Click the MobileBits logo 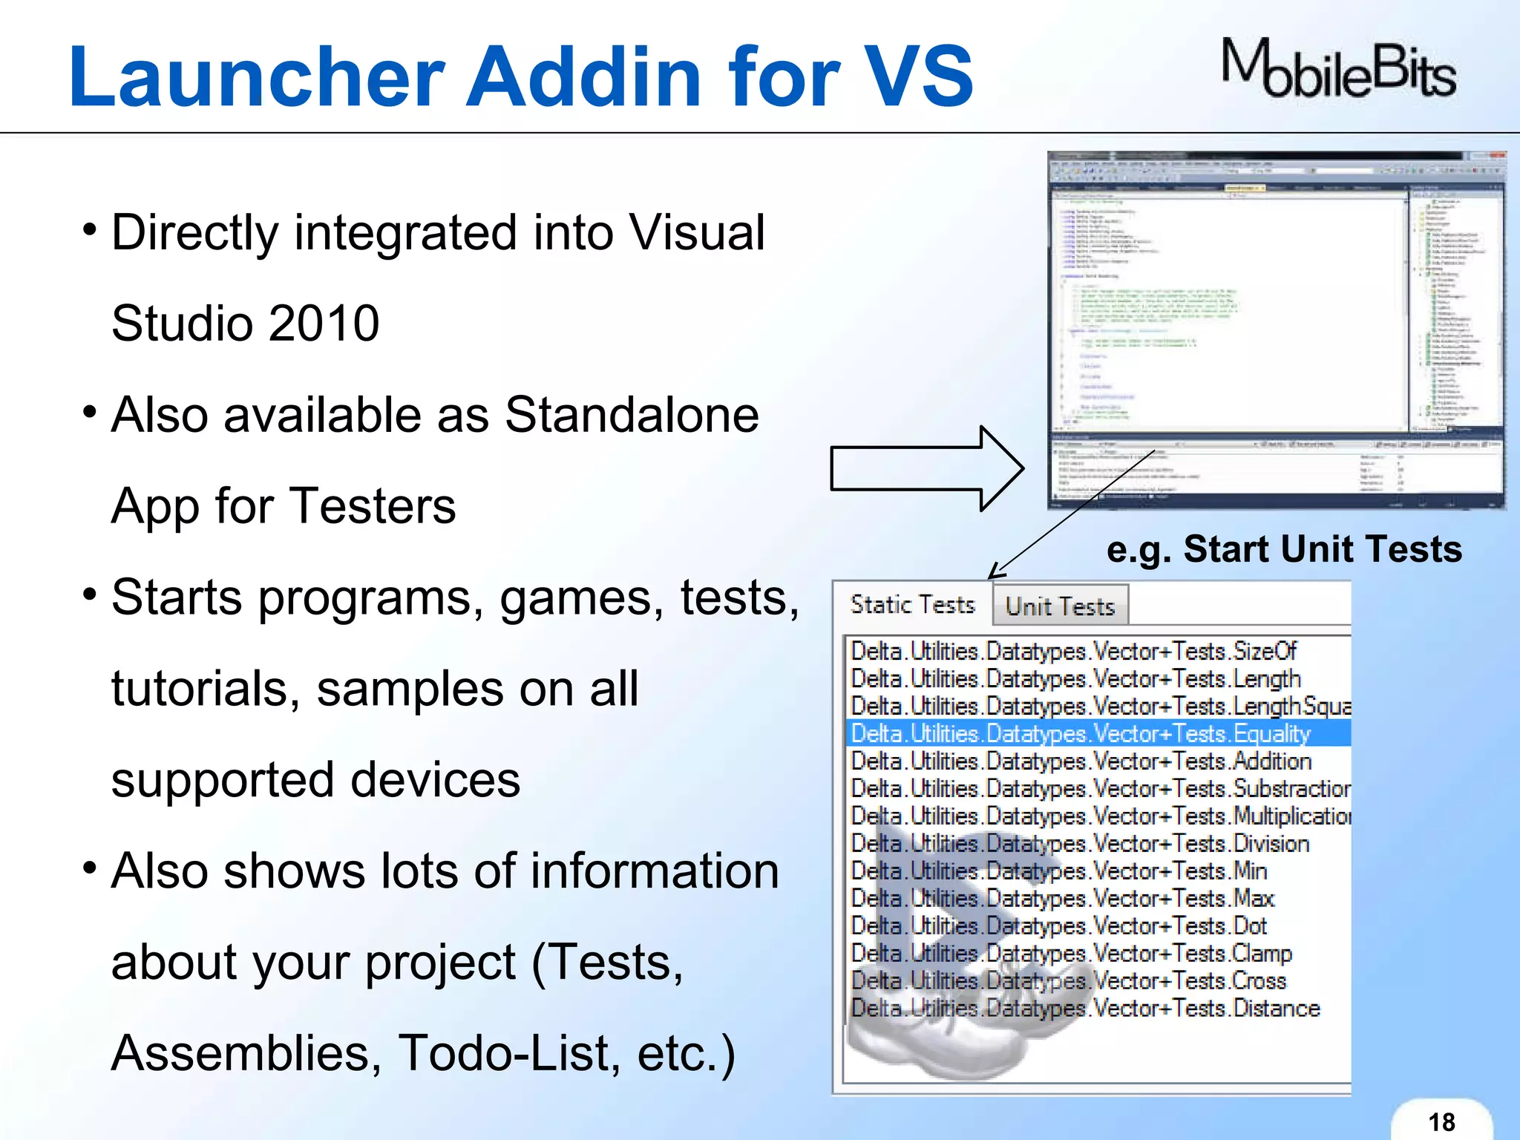1338,69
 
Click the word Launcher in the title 256,76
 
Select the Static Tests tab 912,605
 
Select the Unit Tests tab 1060,606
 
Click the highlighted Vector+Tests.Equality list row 1081,733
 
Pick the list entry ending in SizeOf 1073,651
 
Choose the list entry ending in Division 1080,843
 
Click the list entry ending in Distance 1085,1008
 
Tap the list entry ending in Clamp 1072,953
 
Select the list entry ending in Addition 1081,761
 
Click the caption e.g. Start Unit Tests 1283,549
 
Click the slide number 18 1441,1121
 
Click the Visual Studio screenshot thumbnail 1276,330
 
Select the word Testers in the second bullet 372,506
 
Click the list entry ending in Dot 1058,926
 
